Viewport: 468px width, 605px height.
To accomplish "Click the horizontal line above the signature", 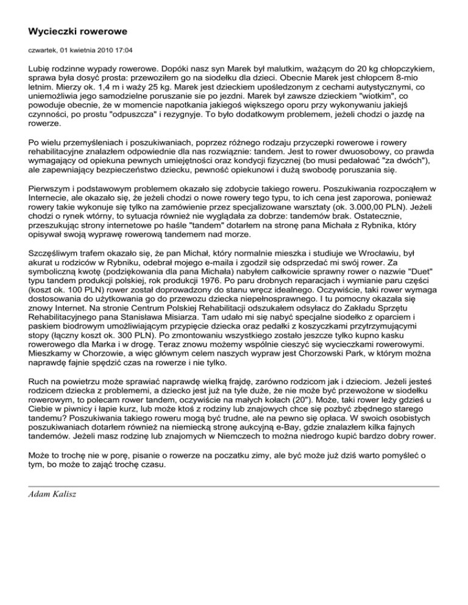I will [233, 487].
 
